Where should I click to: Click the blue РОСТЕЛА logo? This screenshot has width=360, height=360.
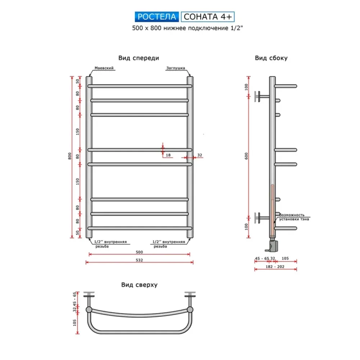click(x=157, y=17)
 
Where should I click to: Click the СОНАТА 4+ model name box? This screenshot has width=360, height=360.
click(x=208, y=17)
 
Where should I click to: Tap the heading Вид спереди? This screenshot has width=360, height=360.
click(x=139, y=58)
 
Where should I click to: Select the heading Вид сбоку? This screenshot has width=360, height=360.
click(x=271, y=58)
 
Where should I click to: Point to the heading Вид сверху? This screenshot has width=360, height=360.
click(x=139, y=285)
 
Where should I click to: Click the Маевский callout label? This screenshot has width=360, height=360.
click(x=104, y=68)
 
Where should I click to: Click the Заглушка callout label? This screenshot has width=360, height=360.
click(x=176, y=68)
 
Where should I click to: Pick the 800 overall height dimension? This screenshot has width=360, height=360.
click(x=70, y=156)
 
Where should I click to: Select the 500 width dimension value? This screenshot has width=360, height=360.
click(x=139, y=252)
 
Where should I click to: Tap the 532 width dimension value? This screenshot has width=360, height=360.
click(x=139, y=260)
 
